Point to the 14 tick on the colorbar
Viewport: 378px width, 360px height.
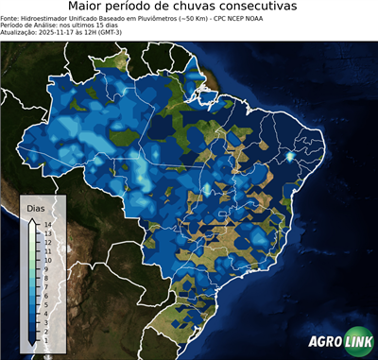[x=46, y=225]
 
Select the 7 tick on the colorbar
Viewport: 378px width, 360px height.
[x=45, y=280]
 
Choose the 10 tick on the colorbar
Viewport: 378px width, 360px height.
[x=46, y=256]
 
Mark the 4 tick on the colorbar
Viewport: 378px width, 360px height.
[x=45, y=303]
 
